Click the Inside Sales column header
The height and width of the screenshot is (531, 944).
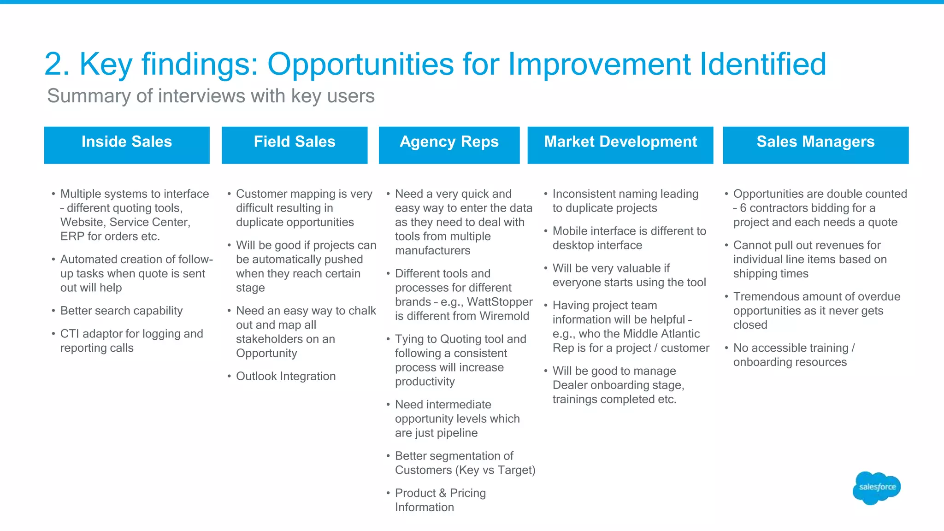click(x=127, y=145)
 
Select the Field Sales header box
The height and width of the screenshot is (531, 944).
click(x=295, y=145)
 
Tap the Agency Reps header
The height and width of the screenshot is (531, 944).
click(x=449, y=145)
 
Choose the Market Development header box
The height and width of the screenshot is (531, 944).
click(x=620, y=145)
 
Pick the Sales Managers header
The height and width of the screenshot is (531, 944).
click(x=815, y=145)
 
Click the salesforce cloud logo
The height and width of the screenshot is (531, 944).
click(x=877, y=487)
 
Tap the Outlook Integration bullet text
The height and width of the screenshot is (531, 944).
click(x=286, y=376)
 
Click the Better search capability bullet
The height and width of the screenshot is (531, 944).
click(x=121, y=311)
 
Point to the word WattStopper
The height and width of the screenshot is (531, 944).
click(x=500, y=302)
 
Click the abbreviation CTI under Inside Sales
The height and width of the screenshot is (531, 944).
click(x=70, y=334)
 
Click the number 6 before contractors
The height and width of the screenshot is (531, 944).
click(x=743, y=208)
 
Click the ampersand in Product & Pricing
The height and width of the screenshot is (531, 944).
click(x=442, y=493)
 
